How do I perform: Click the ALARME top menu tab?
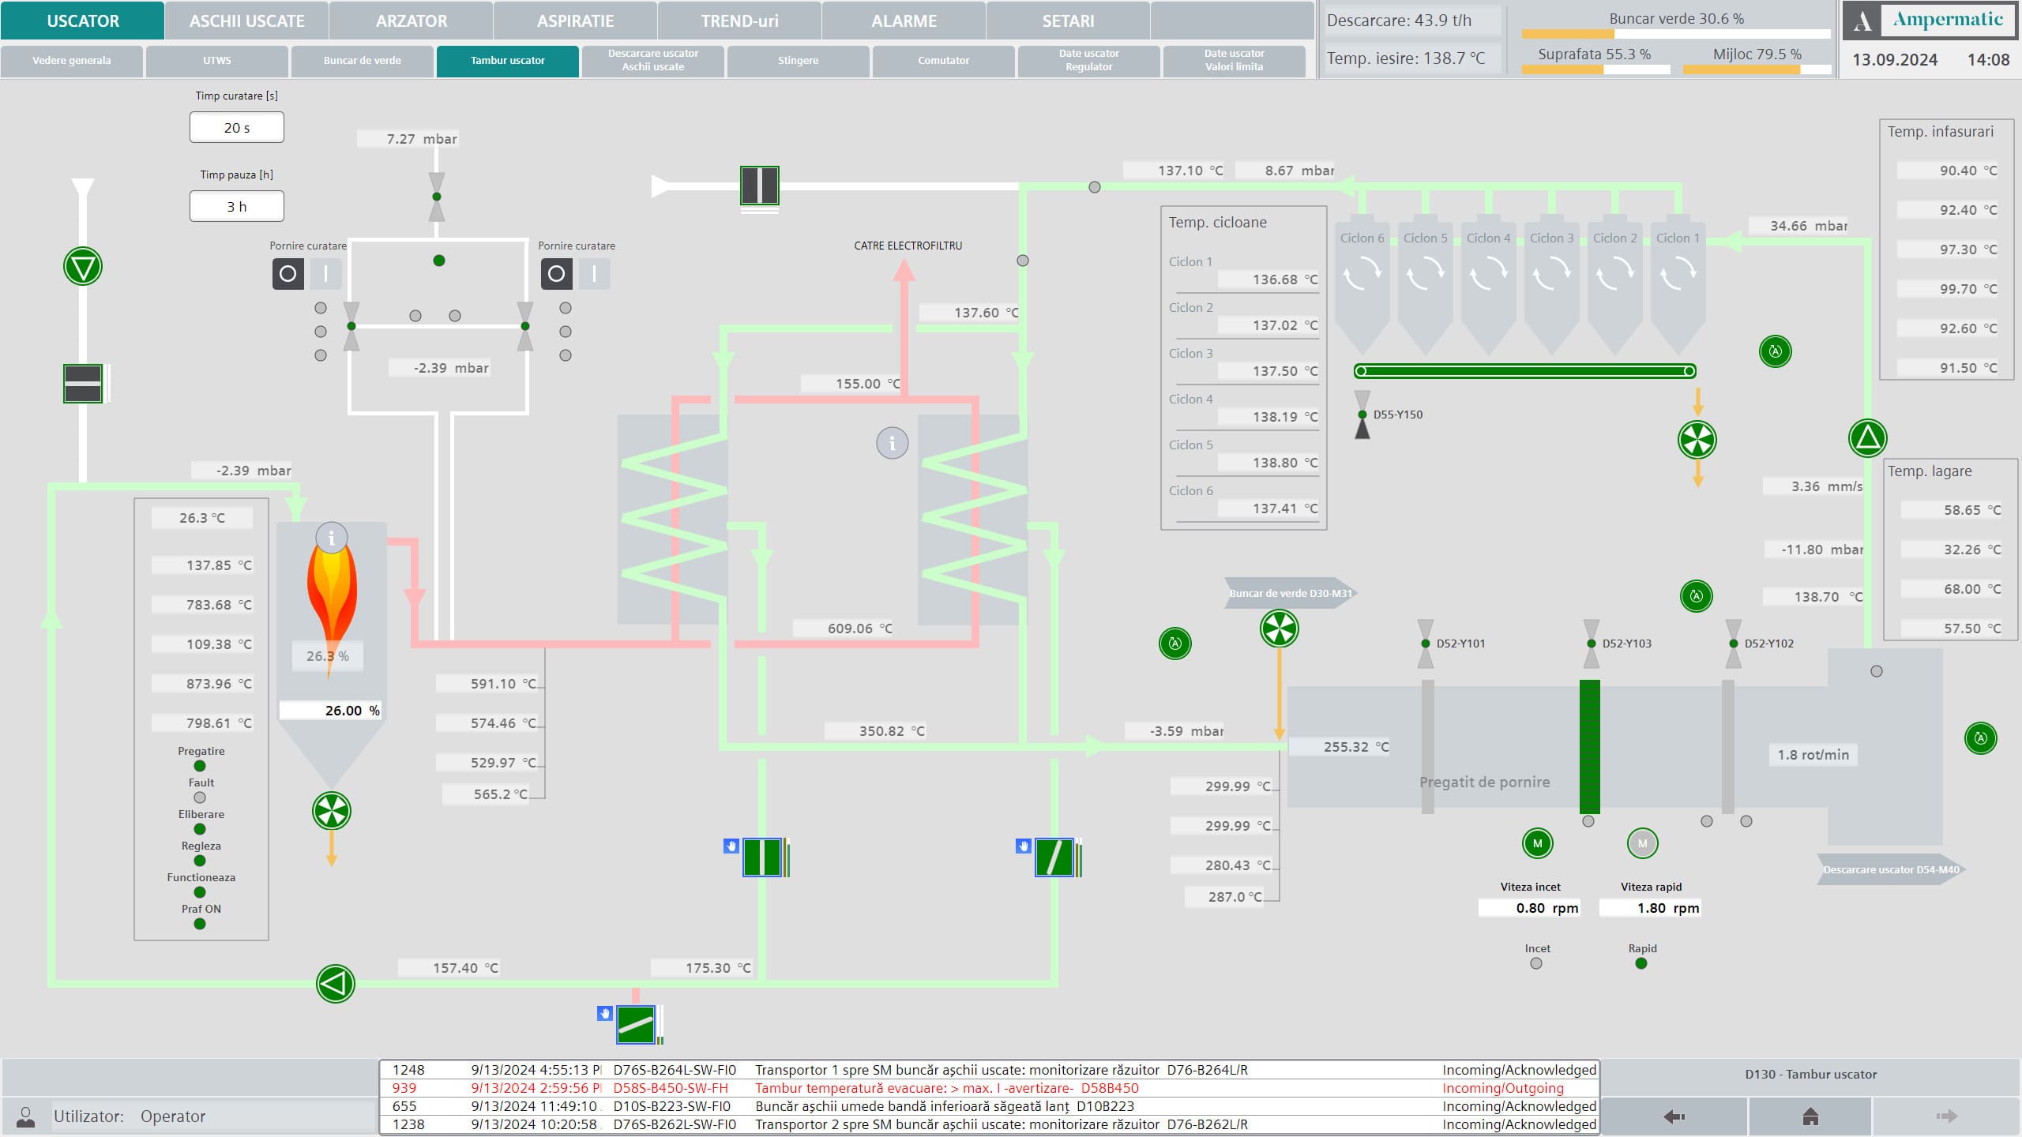coord(904,21)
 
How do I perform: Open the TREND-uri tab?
coord(739,21)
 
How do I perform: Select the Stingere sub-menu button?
coord(798,61)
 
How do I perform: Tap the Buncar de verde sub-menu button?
coord(362,61)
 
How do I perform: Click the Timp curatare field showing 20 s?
coord(236,127)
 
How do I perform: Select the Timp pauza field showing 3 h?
coord(236,206)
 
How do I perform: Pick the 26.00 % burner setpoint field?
coord(331,710)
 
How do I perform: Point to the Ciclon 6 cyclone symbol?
coord(1362,284)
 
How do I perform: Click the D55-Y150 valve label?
coord(1397,415)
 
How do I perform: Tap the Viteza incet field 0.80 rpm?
coord(1530,908)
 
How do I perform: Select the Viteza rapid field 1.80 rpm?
coord(1650,908)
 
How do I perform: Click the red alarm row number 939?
coord(404,1088)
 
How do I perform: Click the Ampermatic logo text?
coord(1948,20)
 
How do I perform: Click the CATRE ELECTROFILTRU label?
coord(908,246)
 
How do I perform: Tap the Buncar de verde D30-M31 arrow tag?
coord(1290,593)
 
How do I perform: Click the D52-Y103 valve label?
coord(1626,644)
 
